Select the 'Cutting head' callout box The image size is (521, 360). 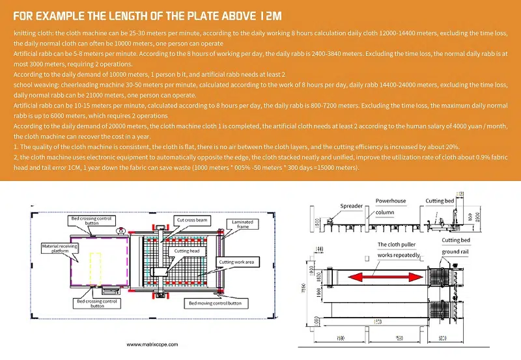182,250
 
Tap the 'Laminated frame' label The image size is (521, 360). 242,225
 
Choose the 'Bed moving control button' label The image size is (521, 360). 216,303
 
